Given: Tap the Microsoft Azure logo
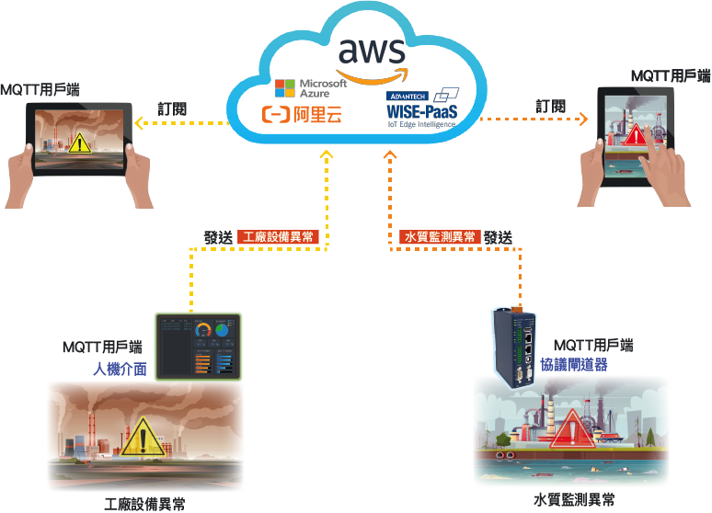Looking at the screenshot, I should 311,88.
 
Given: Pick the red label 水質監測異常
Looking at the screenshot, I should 441,236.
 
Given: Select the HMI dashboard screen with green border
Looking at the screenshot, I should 198,347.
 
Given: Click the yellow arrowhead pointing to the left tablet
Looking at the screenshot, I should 139,124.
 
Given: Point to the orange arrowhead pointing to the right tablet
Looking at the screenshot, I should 583,118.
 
